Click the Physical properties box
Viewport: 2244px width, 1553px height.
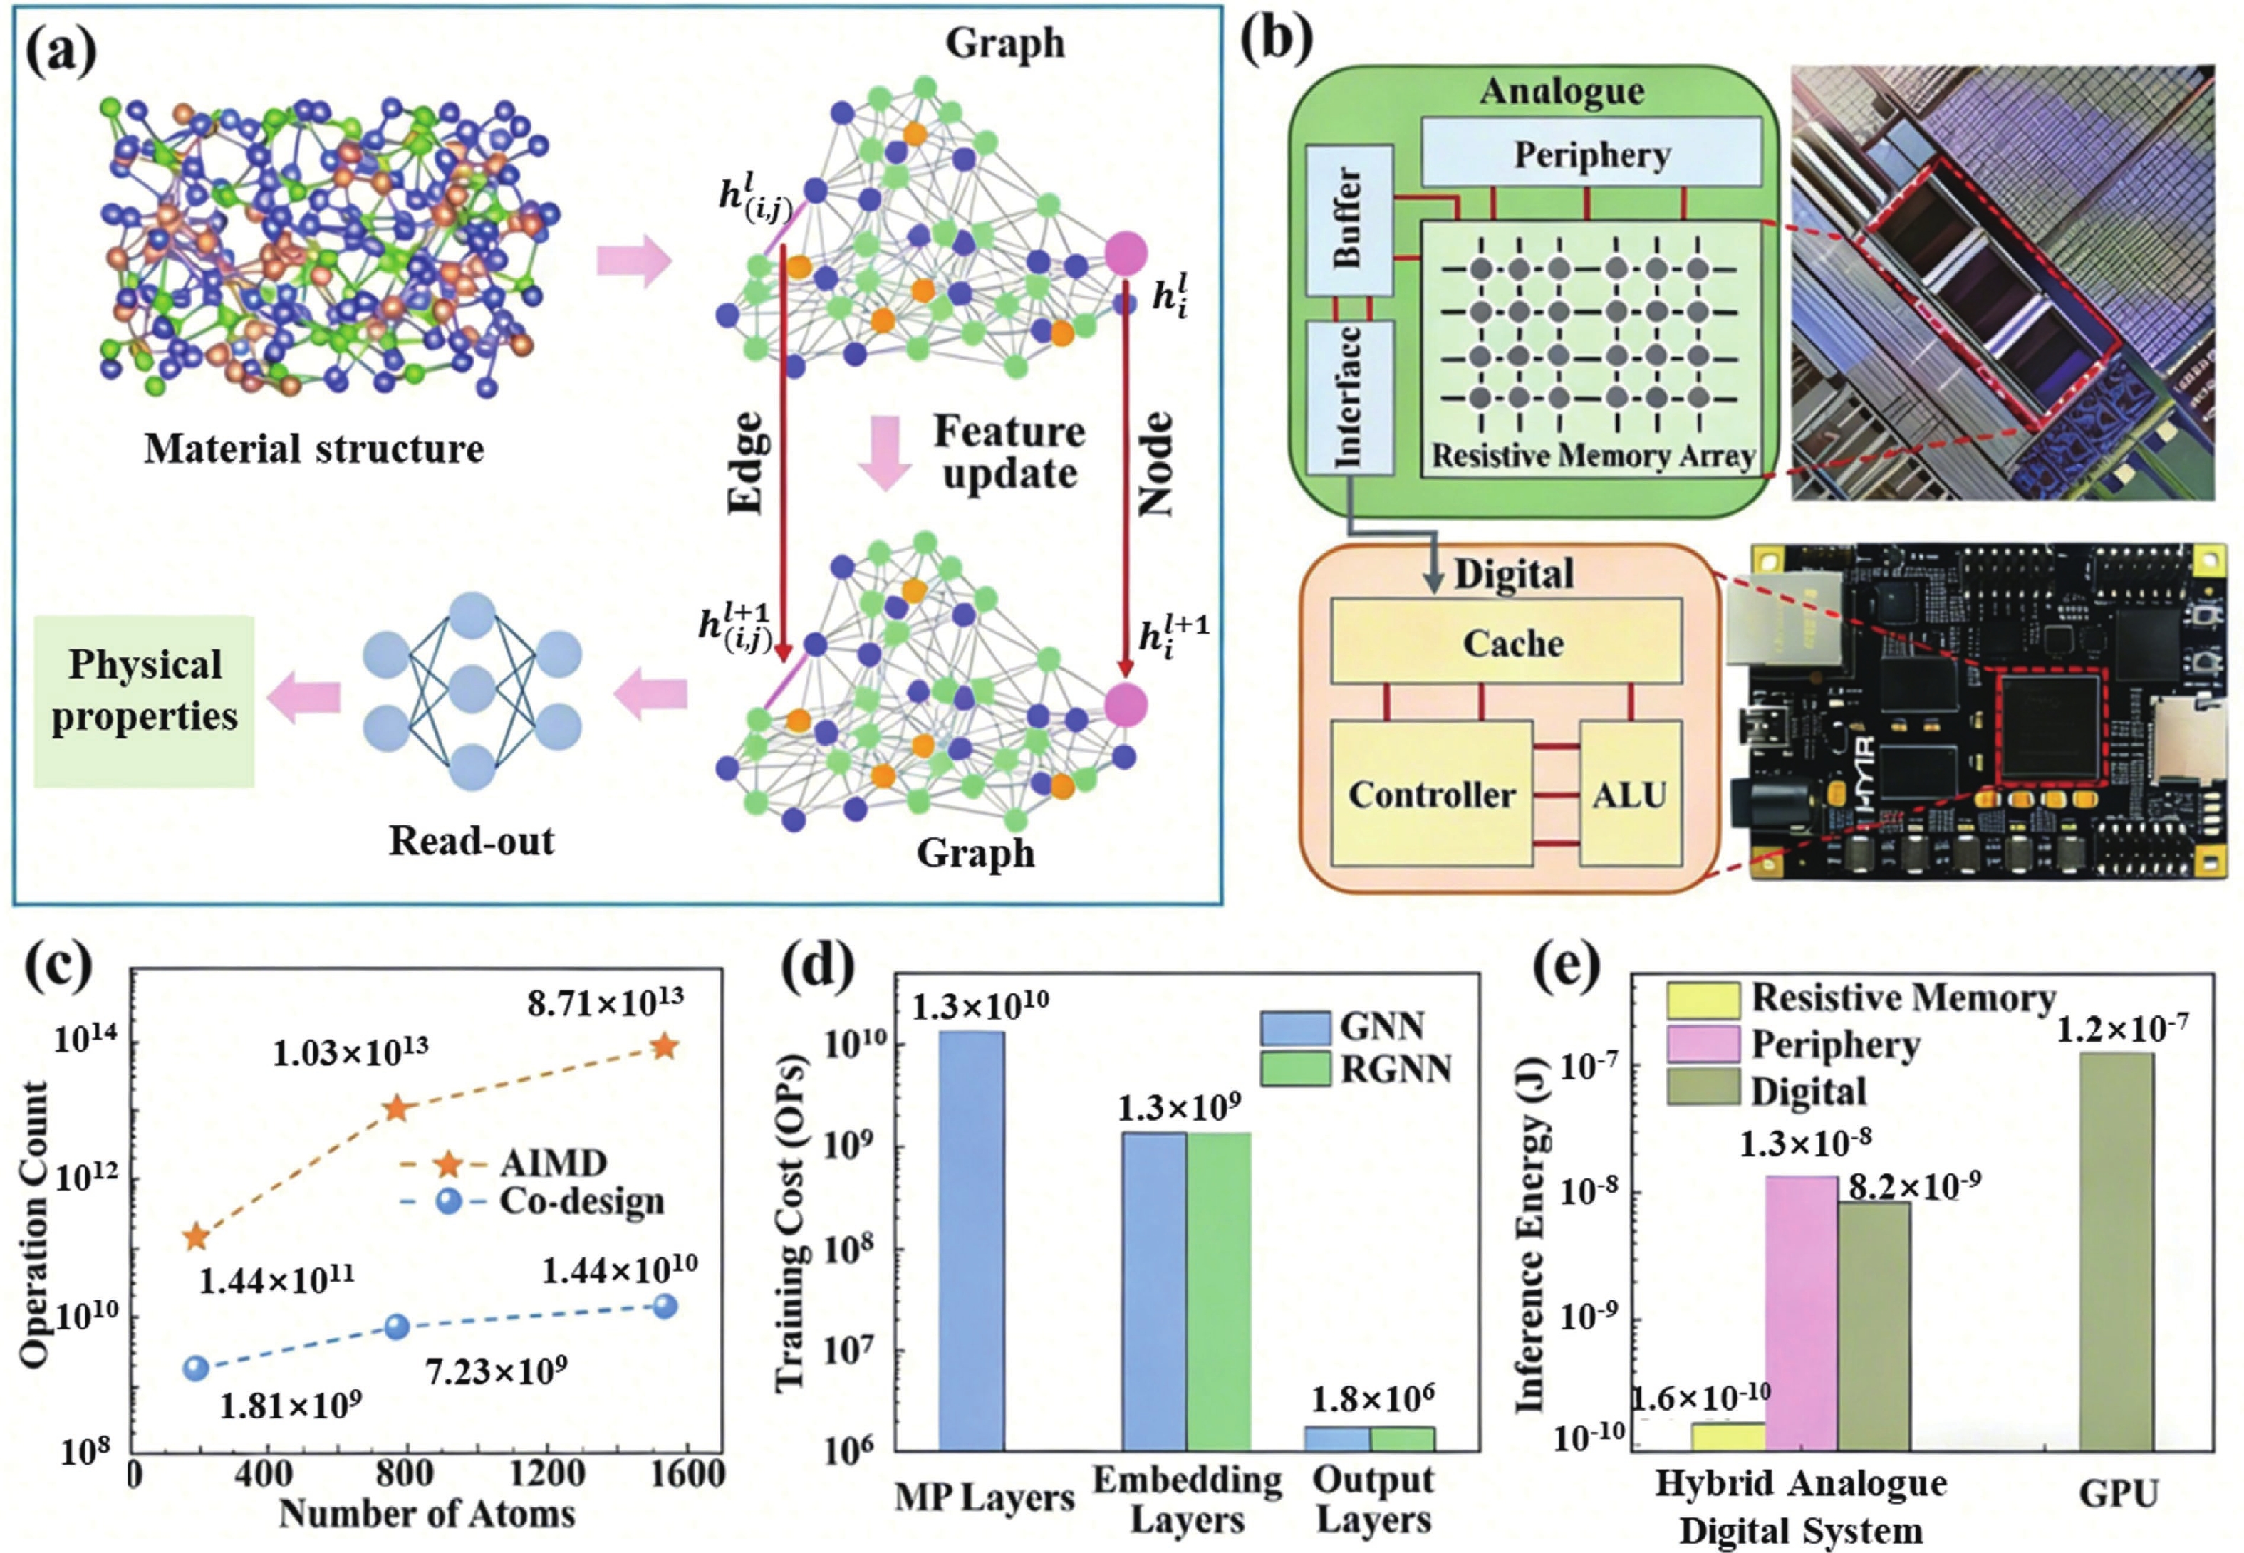[x=144, y=701]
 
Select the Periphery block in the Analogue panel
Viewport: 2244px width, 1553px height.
[x=1591, y=154]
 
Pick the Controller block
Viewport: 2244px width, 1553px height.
[x=1431, y=794]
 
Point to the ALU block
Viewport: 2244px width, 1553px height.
[x=1630, y=794]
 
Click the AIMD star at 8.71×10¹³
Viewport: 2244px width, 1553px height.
[x=664, y=1047]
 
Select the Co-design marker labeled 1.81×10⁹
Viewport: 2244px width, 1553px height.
[x=197, y=1368]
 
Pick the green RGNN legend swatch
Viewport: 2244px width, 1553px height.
[x=1295, y=1068]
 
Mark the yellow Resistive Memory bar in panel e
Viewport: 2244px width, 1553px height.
[x=1728, y=1436]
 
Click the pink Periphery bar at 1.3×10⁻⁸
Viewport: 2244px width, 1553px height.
[x=1801, y=1314]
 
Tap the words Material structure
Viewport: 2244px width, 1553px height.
[x=313, y=449]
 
